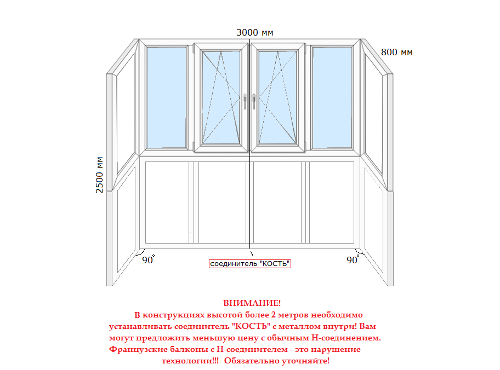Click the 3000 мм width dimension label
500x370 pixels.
[255, 32]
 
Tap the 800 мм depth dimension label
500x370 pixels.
[397, 52]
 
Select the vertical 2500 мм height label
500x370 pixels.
[99, 175]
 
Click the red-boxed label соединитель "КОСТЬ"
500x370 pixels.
[250, 264]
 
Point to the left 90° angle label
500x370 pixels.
[148, 259]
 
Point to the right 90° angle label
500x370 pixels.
[353, 259]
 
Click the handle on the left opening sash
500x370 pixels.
[245, 102]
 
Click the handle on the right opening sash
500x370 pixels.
[254, 102]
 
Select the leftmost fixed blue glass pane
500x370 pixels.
[167, 97]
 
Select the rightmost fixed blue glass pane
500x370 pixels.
[332, 97]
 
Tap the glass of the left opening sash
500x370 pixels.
[221, 97]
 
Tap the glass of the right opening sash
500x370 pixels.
[277, 97]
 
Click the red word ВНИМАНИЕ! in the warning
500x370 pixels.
[252, 303]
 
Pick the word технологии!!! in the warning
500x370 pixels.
[190, 361]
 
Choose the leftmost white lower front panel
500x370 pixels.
[167, 203]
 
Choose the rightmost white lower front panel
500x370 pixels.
[332, 203]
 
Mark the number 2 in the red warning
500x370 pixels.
[273, 315]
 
